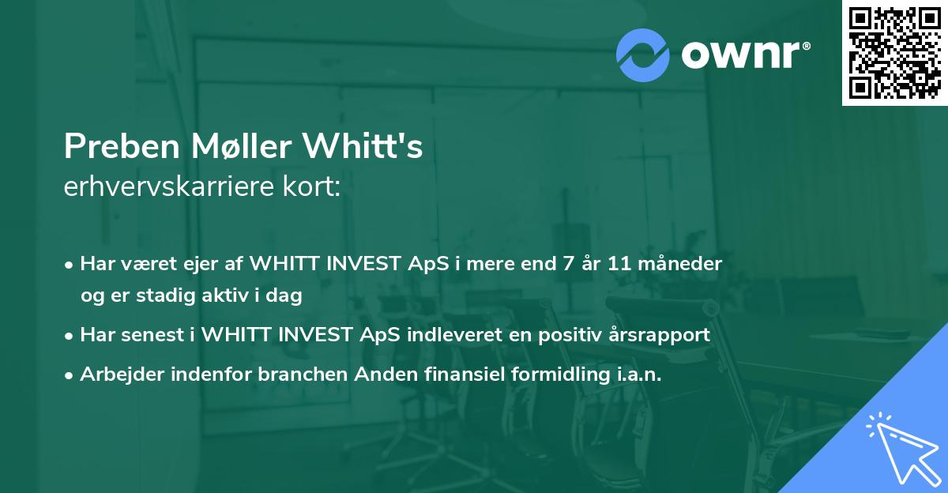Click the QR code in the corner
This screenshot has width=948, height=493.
click(x=895, y=53)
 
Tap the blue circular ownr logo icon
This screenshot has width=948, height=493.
click(x=643, y=55)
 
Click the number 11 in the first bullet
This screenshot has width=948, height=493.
click(x=619, y=263)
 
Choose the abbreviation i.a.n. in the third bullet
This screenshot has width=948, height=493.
click(x=638, y=374)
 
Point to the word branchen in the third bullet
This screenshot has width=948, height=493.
click(x=292, y=374)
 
